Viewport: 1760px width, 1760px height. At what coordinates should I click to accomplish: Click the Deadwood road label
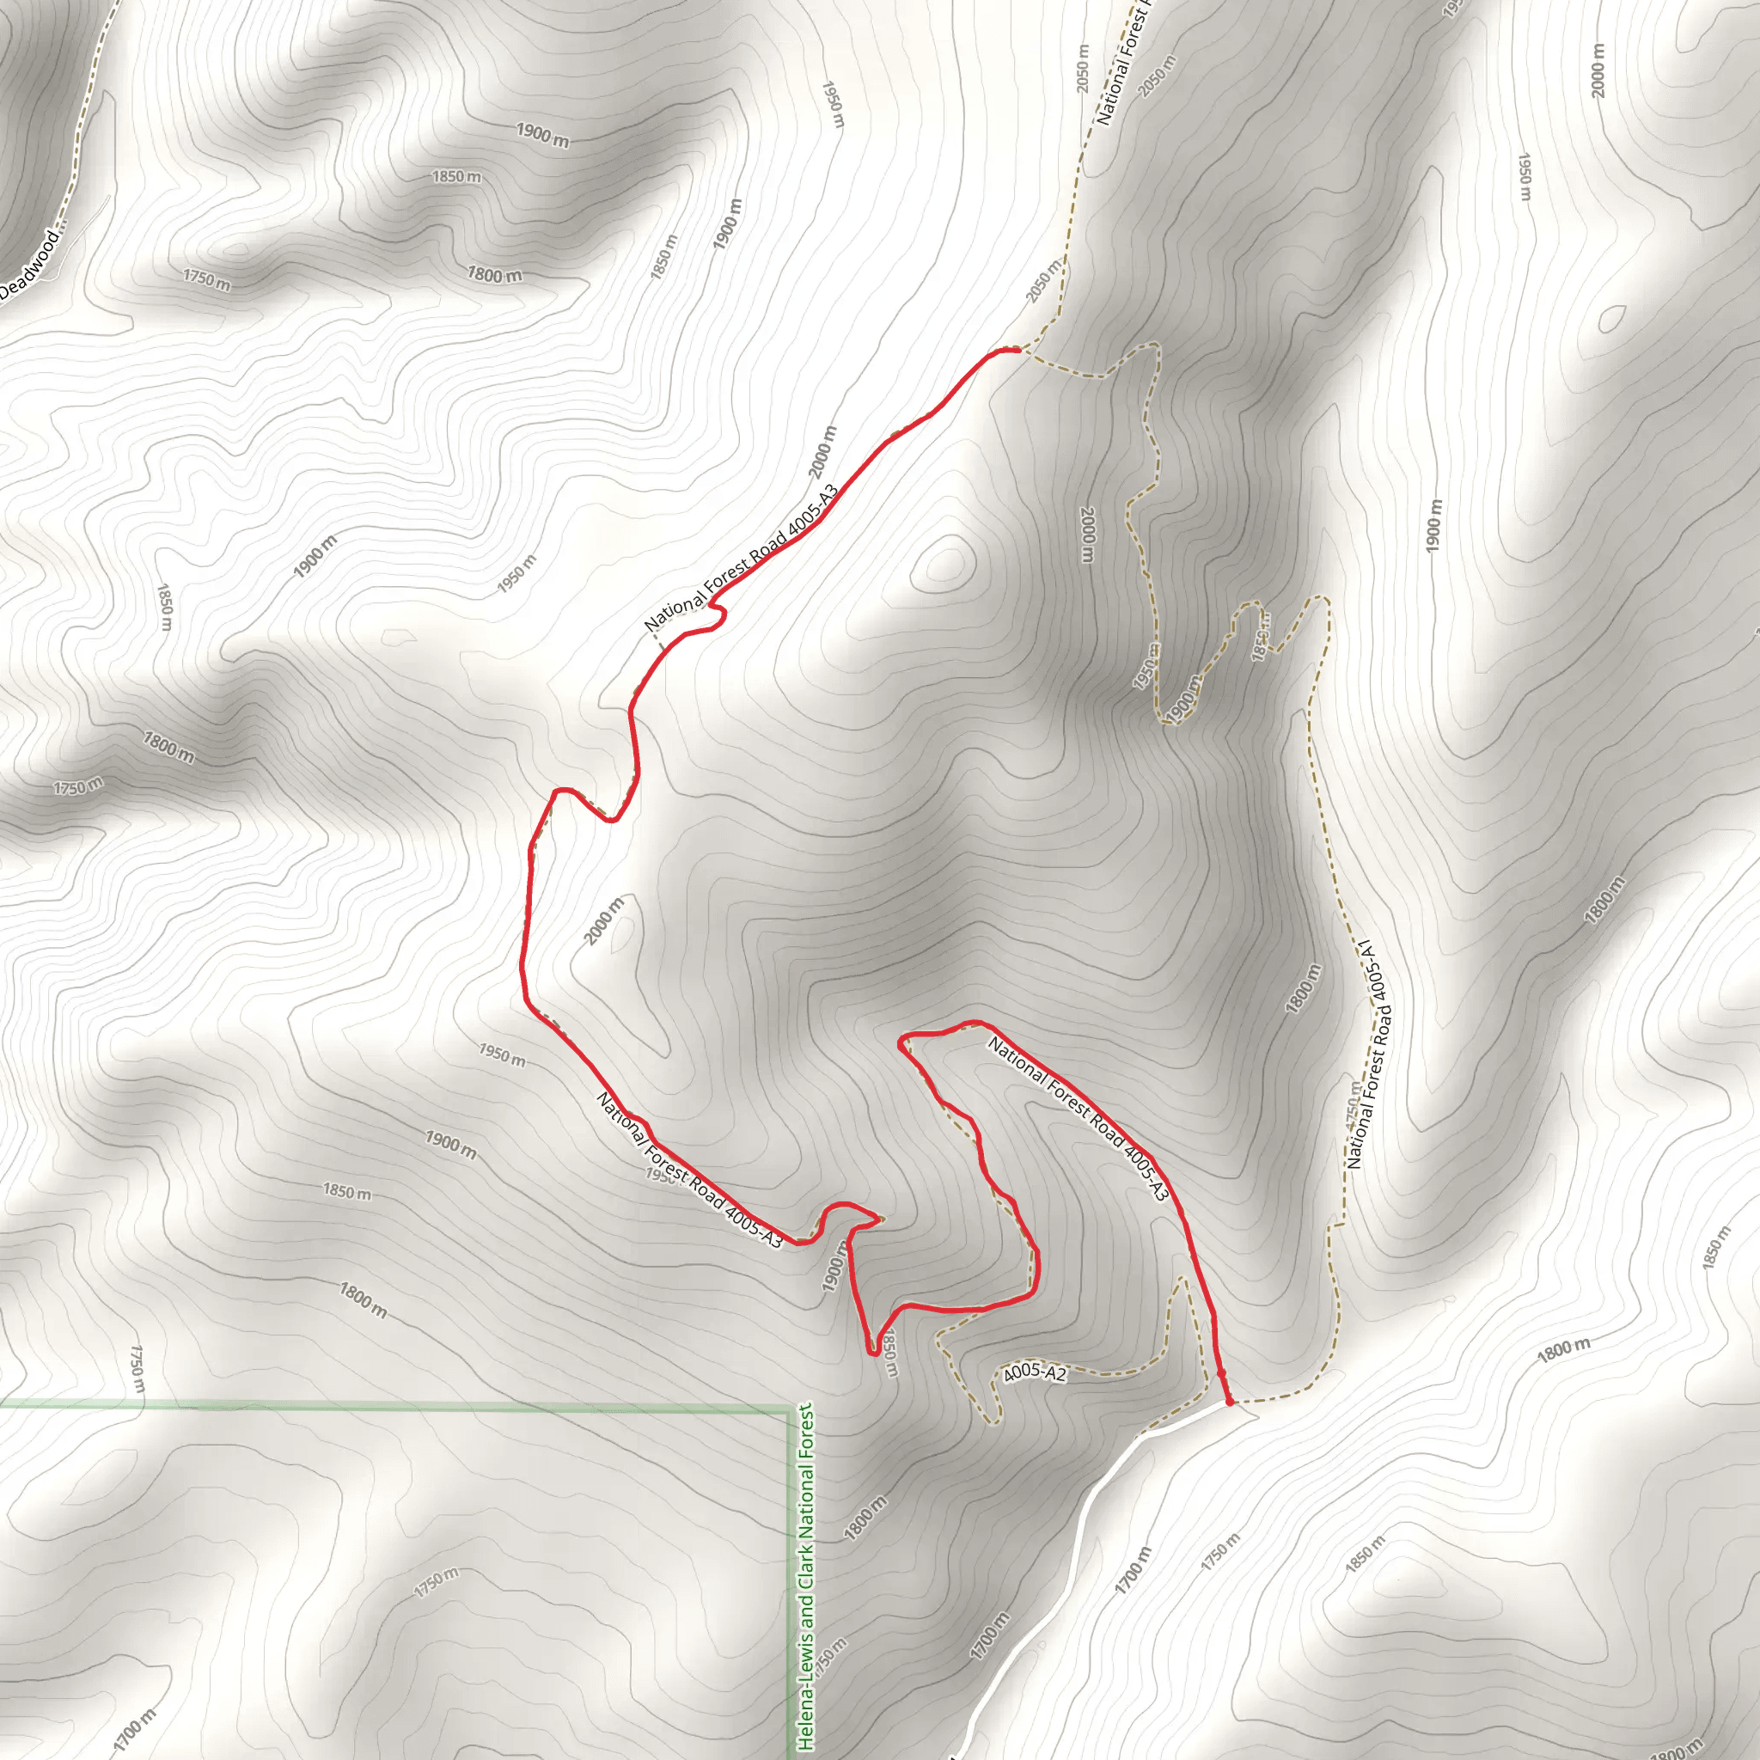point(29,264)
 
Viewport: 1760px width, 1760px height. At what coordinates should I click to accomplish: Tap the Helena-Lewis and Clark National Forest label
point(806,1576)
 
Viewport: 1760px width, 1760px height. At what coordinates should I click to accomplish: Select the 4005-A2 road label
point(1034,1372)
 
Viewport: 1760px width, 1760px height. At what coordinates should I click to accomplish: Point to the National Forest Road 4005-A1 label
point(1368,1057)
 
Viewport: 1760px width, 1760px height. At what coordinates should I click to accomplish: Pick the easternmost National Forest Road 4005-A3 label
point(1077,1119)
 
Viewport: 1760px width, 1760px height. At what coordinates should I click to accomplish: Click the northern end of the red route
point(1017,349)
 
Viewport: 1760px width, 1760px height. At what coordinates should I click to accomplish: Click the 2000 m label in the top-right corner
point(1597,71)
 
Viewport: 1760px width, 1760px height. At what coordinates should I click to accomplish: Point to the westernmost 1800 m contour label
point(168,748)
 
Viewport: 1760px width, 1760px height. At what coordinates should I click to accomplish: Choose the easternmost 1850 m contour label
point(1717,1248)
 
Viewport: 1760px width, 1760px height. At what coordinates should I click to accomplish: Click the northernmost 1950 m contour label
point(833,104)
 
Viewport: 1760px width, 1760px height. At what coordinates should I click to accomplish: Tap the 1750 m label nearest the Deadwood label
point(207,279)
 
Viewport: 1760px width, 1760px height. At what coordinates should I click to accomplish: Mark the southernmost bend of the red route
point(874,1354)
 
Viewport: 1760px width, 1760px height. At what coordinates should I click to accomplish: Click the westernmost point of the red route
point(522,966)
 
